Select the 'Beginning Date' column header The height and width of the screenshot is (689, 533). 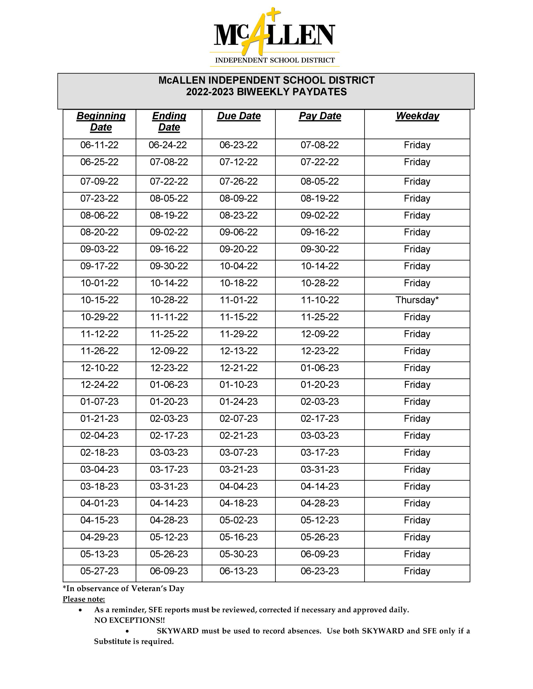(x=101, y=122)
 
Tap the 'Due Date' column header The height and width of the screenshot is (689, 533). (x=239, y=116)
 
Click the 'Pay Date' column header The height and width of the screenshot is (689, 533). (x=320, y=116)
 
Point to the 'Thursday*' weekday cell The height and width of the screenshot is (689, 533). (x=417, y=300)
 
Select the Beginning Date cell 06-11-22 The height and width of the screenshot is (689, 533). (x=99, y=145)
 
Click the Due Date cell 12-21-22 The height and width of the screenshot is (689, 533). (x=238, y=368)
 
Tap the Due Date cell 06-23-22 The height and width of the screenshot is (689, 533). (x=238, y=145)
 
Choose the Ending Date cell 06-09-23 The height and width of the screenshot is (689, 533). (x=169, y=571)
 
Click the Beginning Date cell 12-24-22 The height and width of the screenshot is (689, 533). (x=99, y=385)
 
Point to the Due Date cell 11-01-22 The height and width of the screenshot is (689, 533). (x=238, y=300)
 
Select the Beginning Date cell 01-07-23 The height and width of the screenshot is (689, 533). (x=99, y=402)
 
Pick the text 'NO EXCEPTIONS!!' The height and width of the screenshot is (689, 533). (x=129, y=620)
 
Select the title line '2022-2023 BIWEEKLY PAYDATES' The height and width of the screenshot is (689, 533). (x=266, y=92)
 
